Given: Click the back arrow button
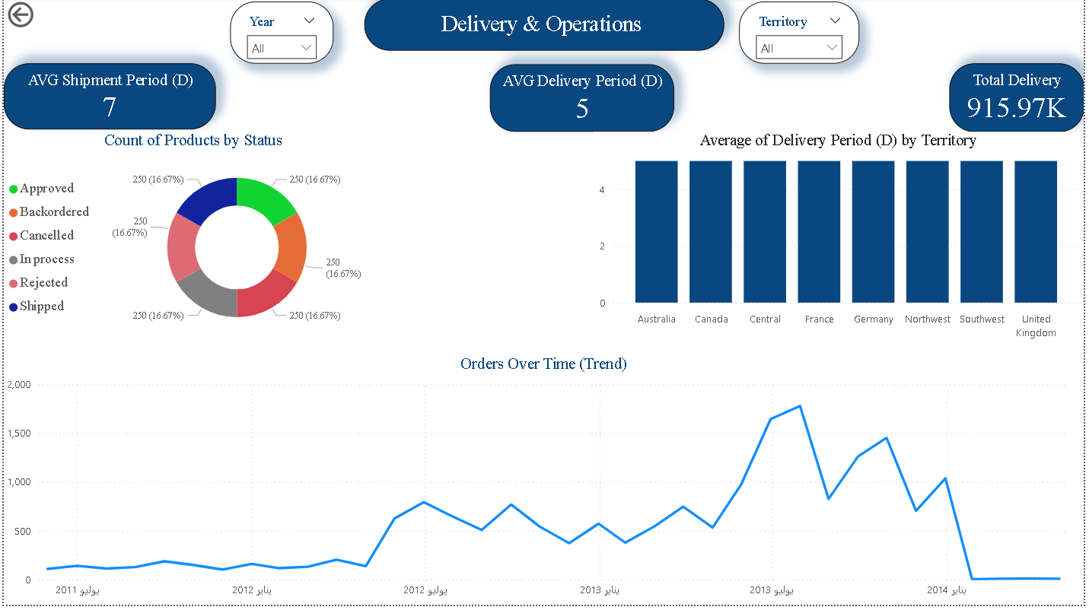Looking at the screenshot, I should (x=21, y=14).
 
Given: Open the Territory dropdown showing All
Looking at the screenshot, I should (x=799, y=48).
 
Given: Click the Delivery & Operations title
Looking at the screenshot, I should (x=541, y=24).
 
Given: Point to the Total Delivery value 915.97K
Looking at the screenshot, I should (x=1016, y=108).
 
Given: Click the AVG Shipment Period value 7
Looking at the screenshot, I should (x=110, y=107).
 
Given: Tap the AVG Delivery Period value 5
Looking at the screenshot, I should (x=581, y=109).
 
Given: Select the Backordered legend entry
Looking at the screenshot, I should (x=54, y=211).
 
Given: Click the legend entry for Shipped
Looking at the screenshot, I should (x=42, y=306).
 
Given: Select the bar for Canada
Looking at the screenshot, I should (x=711, y=232).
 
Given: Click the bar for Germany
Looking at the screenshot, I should (x=873, y=232).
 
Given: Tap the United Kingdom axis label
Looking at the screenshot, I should (x=1036, y=326).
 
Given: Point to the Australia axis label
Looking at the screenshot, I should (x=656, y=319).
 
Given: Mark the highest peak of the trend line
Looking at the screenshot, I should (x=800, y=406).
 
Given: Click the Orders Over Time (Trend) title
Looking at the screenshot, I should (x=543, y=364).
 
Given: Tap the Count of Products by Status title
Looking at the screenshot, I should (x=193, y=140).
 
